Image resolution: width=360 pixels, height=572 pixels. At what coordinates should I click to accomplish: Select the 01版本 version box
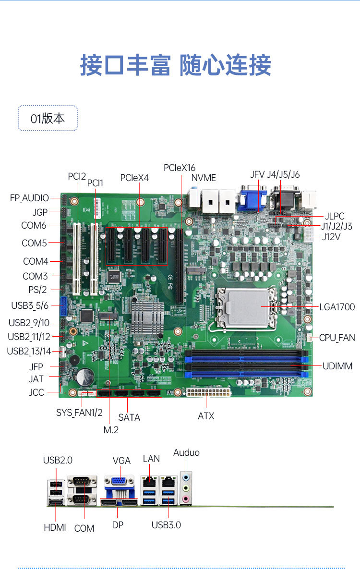coord(48,118)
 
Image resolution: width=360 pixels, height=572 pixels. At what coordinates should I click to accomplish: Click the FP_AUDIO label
coord(29,198)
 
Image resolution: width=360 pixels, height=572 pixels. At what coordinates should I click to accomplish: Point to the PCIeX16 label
coord(180,168)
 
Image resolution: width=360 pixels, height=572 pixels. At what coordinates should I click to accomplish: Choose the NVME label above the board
coord(204,178)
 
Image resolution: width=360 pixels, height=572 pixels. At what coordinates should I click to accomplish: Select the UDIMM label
coord(337,366)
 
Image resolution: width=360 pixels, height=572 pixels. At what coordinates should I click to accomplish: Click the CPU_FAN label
coord(337,338)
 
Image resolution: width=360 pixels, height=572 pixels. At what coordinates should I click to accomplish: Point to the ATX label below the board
coord(206,416)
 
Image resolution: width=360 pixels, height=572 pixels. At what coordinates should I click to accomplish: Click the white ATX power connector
coord(209,392)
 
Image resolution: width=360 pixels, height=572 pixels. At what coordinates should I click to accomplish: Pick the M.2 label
coord(111,430)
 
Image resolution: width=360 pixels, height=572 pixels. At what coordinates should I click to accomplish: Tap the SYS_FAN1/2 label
coord(80,412)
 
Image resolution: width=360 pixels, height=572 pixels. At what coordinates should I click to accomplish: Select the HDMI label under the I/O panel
coord(55,527)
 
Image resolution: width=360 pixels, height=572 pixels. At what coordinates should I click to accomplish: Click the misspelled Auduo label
coord(186,452)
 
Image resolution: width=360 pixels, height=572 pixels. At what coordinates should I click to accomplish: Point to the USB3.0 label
coord(166,525)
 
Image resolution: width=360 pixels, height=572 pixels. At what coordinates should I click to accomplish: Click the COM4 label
coord(36,262)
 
